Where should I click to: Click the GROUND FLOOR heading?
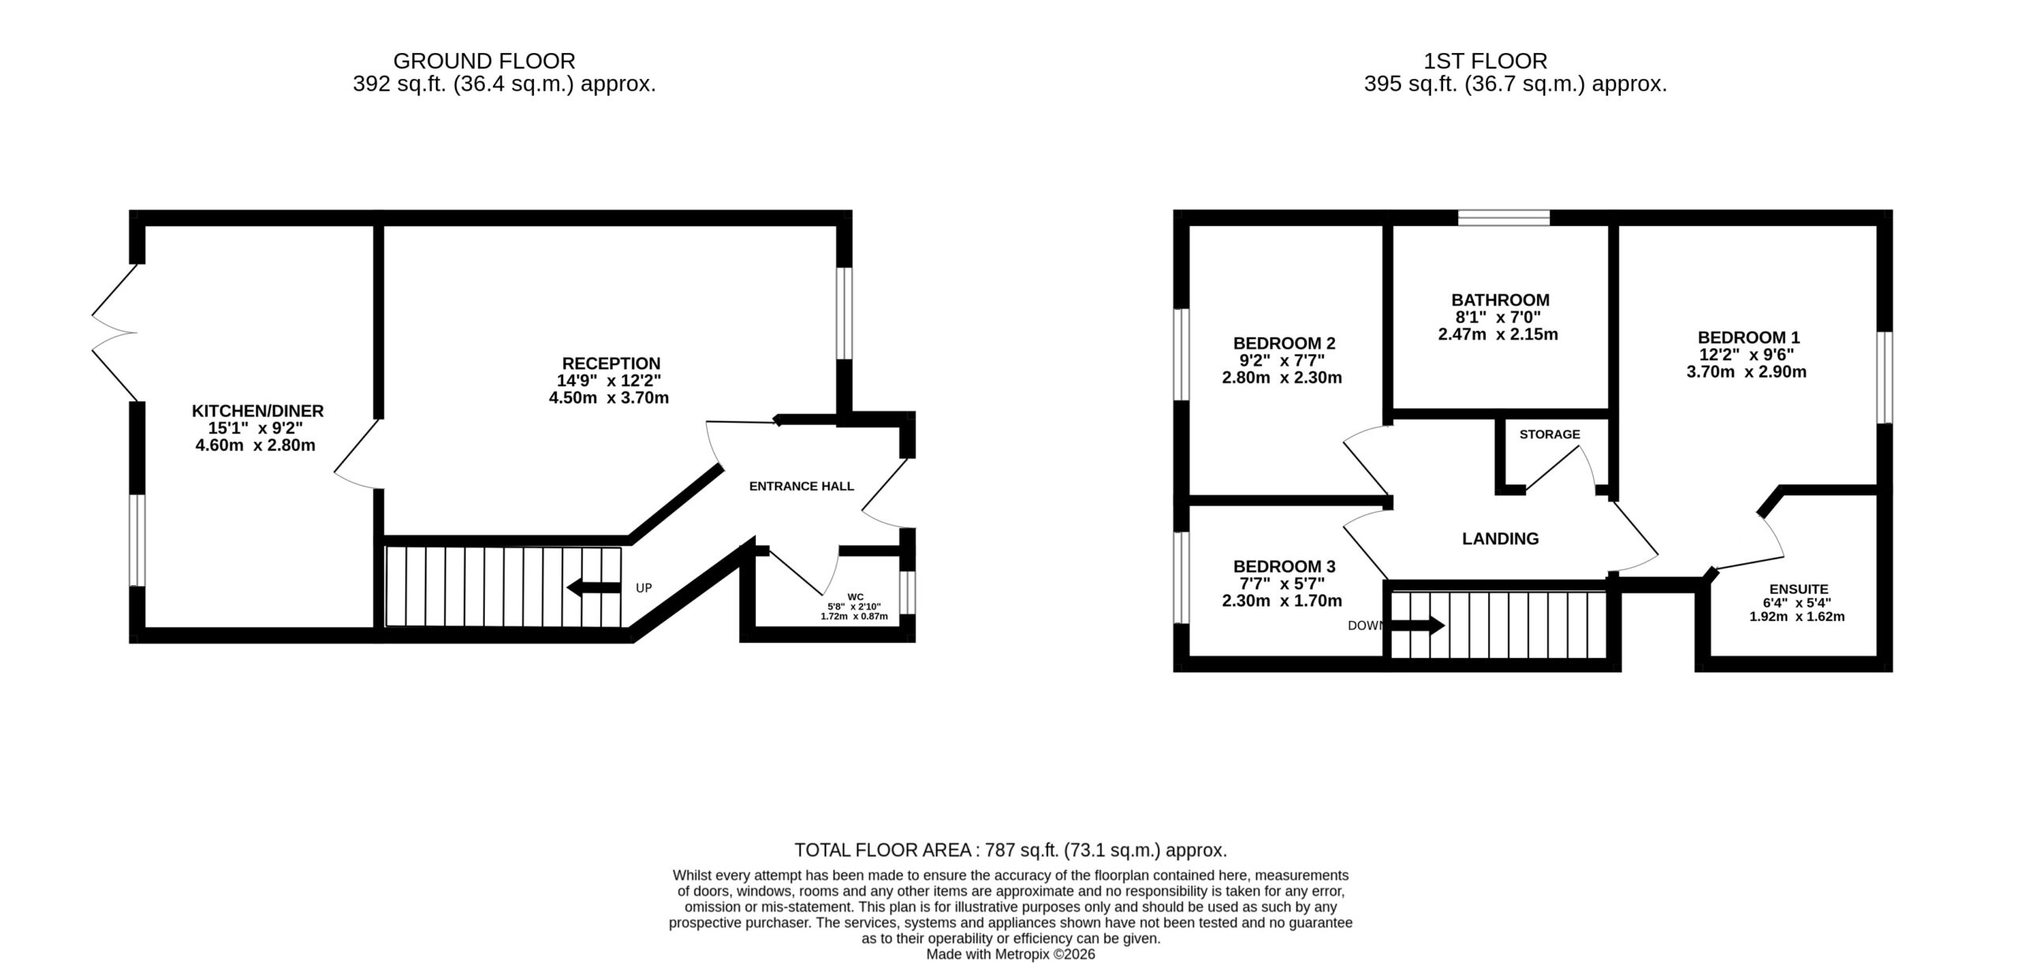pyautogui.click(x=484, y=61)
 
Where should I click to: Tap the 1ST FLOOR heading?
pyautogui.click(x=1485, y=61)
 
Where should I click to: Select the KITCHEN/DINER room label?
pyautogui.click(x=257, y=411)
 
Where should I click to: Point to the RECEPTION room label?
pyautogui.click(x=611, y=363)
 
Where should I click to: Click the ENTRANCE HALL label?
pyautogui.click(x=802, y=487)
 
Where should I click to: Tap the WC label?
pyautogui.click(x=855, y=597)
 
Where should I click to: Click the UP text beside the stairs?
pyautogui.click(x=644, y=589)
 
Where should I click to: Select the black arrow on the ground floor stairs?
pyautogui.click(x=594, y=588)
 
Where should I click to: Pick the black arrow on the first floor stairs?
pyautogui.click(x=1417, y=626)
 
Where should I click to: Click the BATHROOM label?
pyautogui.click(x=1500, y=300)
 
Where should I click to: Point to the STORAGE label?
pyautogui.click(x=1550, y=434)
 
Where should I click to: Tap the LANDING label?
pyautogui.click(x=1500, y=539)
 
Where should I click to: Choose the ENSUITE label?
pyautogui.click(x=1798, y=589)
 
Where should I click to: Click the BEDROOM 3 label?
pyautogui.click(x=1284, y=566)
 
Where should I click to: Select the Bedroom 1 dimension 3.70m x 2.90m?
pyautogui.click(x=1746, y=372)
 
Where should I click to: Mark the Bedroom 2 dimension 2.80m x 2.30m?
pyautogui.click(x=1282, y=378)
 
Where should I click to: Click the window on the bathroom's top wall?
pyautogui.click(x=1504, y=218)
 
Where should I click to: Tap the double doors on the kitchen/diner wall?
pyautogui.click(x=115, y=332)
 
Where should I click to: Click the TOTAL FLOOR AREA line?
pyautogui.click(x=1010, y=850)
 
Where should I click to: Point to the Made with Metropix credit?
pyautogui.click(x=1010, y=954)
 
